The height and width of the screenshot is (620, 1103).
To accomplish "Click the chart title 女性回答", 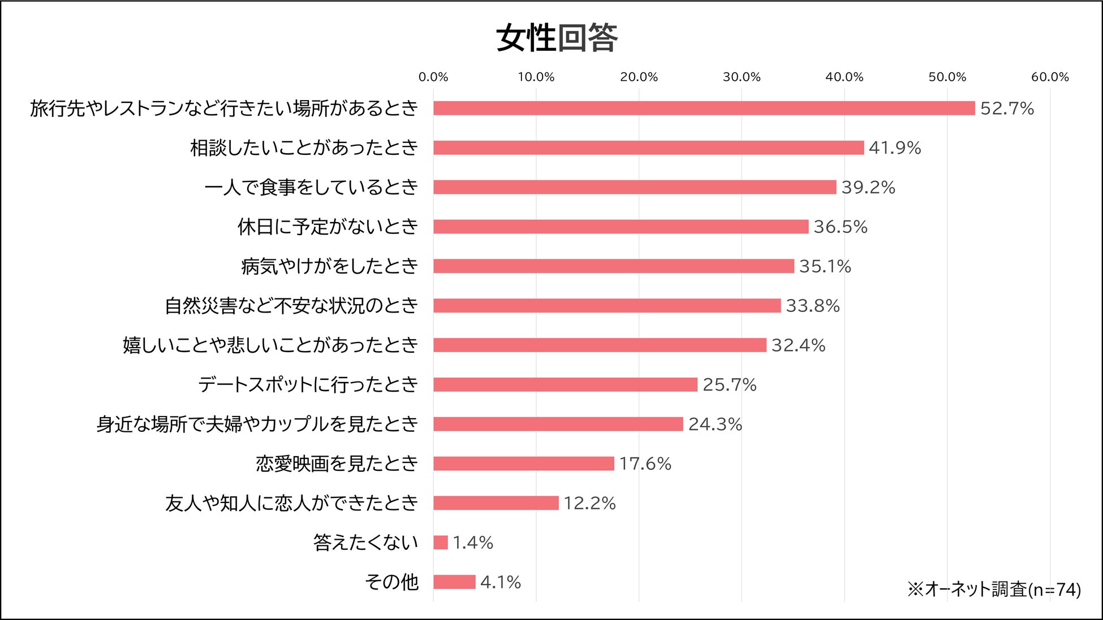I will pos(557,38).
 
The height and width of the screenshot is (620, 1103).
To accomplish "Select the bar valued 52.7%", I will pos(704,108).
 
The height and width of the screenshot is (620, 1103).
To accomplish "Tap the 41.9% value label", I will pos(894,148).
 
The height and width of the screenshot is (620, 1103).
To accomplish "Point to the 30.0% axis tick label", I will pos(741,77).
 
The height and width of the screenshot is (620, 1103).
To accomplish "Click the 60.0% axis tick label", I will pos(1049,77).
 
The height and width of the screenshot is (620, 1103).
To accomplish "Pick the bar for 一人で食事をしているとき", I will pos(634,187).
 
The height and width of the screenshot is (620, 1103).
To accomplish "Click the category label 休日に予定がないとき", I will pos(328,227).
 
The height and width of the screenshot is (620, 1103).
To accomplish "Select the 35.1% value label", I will pos(825,266).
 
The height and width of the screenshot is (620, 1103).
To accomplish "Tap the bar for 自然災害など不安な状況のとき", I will pos(606,306).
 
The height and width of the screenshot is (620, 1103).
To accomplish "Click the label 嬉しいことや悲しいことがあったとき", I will pos(270,345).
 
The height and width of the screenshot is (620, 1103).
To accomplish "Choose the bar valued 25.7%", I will pos(565,385).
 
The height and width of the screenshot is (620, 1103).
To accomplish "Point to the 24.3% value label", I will pos(714,424).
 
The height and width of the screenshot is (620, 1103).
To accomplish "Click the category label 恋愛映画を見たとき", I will pos(337,463).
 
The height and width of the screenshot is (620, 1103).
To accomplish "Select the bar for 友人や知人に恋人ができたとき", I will pos(496,503).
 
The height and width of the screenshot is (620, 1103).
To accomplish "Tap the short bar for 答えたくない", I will pos(440,543).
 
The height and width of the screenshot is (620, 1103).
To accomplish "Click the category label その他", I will pos(391,582).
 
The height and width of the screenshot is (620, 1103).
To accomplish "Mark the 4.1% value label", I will pos(500,582).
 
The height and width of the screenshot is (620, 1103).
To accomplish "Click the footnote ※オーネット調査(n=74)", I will pos(994,589).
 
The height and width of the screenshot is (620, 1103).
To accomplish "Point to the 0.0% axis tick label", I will pos(433,77).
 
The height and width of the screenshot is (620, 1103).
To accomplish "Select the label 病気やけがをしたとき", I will pos(329,266).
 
